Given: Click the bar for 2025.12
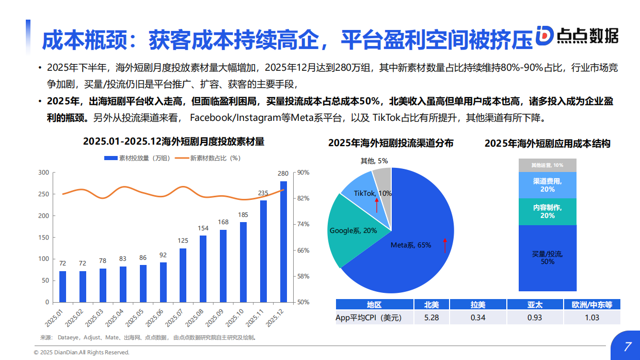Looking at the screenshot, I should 283,241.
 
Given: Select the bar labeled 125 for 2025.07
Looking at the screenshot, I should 183,275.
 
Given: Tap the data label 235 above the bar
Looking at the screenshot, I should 263,193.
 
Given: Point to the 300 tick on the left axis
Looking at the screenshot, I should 44,173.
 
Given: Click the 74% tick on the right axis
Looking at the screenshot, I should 303,224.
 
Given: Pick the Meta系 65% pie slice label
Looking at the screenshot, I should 410,245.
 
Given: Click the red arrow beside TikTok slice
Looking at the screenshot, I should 377,205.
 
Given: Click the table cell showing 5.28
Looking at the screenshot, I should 431,317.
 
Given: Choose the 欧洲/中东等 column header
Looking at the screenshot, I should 591,305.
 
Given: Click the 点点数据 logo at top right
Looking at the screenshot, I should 576,35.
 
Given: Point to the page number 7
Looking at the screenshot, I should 627,347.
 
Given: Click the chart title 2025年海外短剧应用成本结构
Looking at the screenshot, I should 547,144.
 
